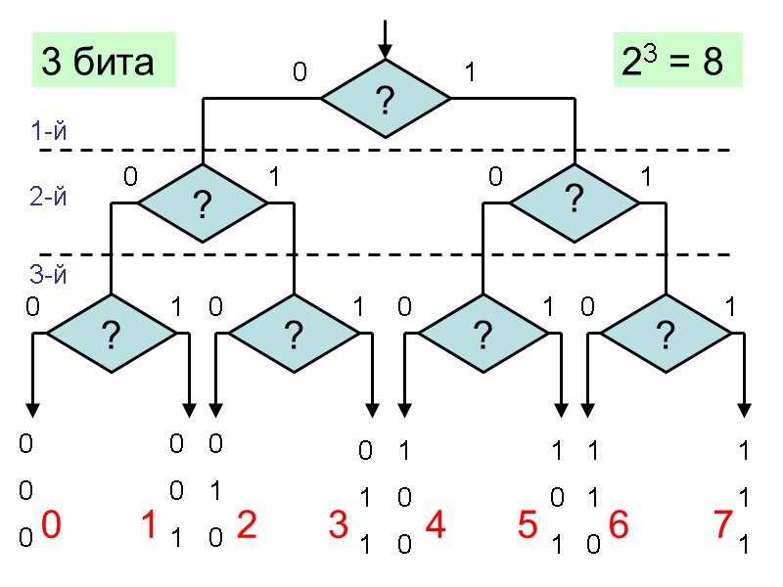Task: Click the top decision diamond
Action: tap(386, 99)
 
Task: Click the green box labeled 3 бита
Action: tap(103, 62)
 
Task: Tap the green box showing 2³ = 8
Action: tap(671, 62)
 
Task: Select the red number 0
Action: tap(52, 527)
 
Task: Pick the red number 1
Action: tap(149, 527)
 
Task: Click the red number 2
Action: tap(247, 527)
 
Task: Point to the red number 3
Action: tap(339, 527)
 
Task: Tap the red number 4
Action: tap(436, 527)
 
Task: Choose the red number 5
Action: tap(528, 527)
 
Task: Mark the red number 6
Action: tap(618, 527)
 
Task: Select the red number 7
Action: tap(722, 527)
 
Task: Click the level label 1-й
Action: tap(49, 131)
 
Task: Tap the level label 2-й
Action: tap(49, 197)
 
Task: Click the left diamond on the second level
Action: tap(202, 203)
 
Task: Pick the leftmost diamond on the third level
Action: tap(111, 335)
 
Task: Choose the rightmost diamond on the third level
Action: tap(666, 335)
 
